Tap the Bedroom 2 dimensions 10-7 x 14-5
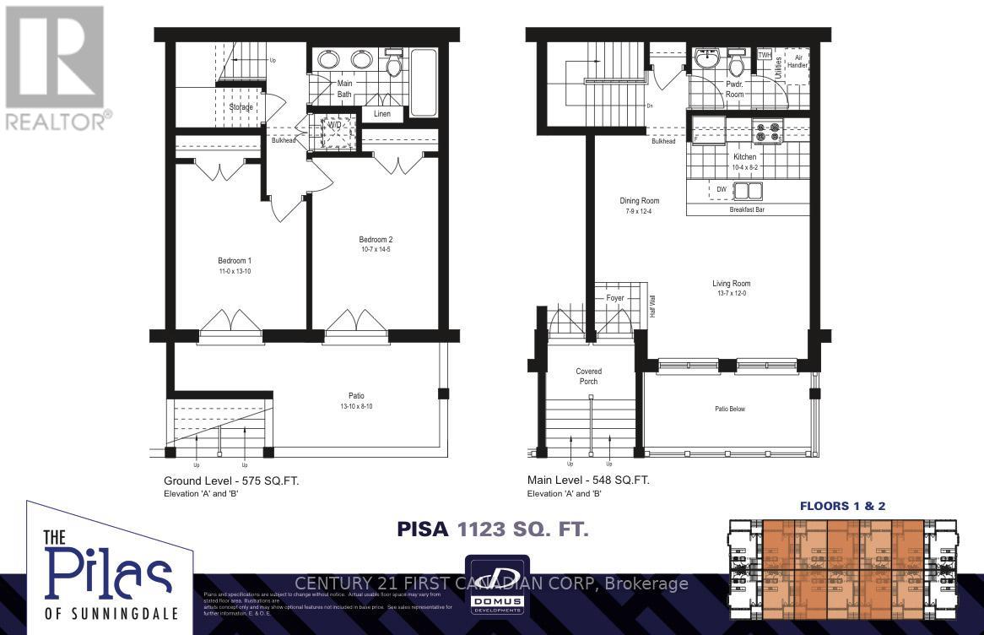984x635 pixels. [375, 250]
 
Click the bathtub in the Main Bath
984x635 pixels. [423, 82]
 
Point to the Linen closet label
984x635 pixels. [382, 114]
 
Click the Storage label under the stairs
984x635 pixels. [241, 107]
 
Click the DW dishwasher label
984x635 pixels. [722, 190]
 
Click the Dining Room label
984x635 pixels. [640, 201]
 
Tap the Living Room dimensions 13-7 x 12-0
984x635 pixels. [731, 294]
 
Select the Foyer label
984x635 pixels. [615, 298]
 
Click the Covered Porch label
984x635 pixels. [588, 376]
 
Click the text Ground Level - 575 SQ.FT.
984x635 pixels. [231, 480]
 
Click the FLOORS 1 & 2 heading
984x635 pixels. [842, 507]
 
